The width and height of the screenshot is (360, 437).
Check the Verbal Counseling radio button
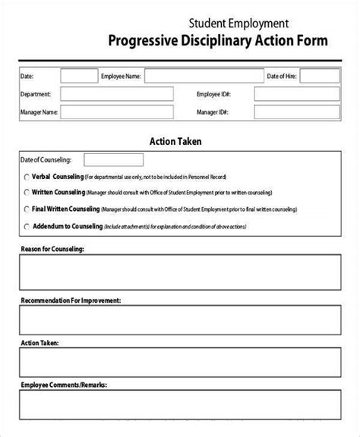tap(27, 175)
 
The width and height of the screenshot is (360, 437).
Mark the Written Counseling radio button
tap(27, 191)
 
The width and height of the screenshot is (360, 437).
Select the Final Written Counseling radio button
tap(27, 208)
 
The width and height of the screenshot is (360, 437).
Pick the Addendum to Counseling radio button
tap(27, 225)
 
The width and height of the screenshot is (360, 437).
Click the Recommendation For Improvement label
tap(70, 300)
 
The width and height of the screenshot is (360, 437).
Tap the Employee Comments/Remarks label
tap(64, 385)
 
